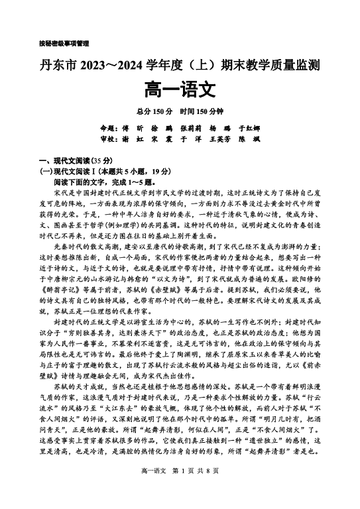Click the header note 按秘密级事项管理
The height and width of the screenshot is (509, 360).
pyautogui.click(x=64, y=44)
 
